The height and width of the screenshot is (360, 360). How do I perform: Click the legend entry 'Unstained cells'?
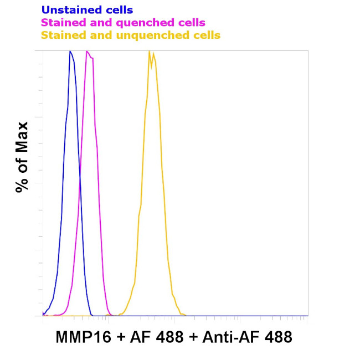tap(87, 10)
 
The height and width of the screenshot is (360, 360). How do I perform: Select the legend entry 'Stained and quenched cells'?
tap(123, 23)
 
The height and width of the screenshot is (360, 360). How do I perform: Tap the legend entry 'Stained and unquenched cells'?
tap(131, 35)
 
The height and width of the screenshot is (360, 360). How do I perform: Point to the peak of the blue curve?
tap(70, 52)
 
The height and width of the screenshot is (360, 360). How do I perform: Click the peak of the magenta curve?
tap(87, 52)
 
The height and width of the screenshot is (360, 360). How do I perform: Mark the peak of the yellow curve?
tap(150, 52)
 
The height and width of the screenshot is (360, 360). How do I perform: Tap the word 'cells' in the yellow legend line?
tap(205, 35)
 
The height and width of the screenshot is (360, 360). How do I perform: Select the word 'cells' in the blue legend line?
tap(119, 10)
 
